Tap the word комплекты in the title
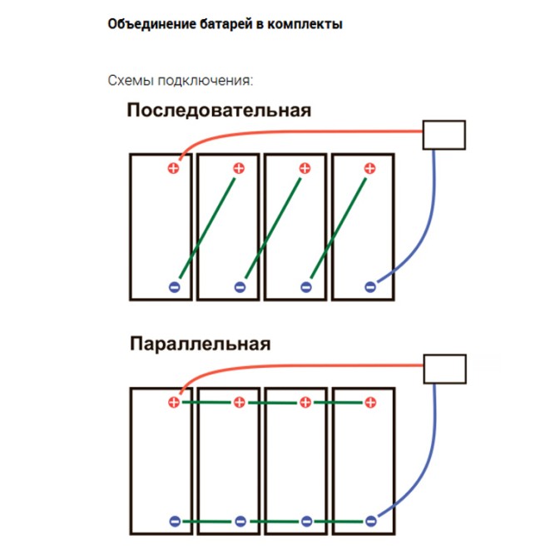(305, 24)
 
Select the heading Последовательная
(219, 110)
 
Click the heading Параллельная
(200, 344)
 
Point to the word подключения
(206, 81)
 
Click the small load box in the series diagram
(444, 135)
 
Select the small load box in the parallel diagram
(444, 369)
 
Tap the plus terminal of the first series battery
(173, 168)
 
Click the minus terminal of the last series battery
(370, 287)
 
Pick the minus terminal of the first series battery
(175, 287)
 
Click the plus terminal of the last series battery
(370, 168)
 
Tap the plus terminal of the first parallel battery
(174, 403)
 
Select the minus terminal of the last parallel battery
(370, 521)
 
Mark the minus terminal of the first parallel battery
(175, 521)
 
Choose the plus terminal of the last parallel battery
(370, 403)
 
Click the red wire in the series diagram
(283, 132)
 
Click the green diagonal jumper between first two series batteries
(207, 228)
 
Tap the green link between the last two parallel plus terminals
(338, 403)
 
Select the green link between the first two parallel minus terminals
(207, 522)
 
